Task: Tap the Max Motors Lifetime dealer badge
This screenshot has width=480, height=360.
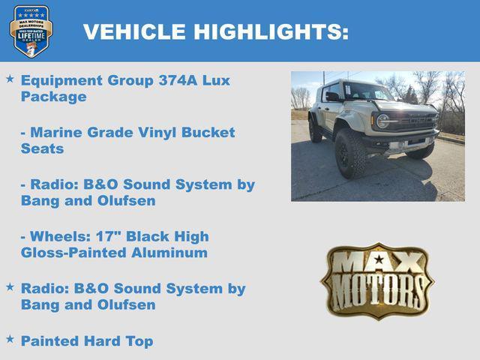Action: [x=31, y=31]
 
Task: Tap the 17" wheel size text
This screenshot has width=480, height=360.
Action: [x=111, y=236]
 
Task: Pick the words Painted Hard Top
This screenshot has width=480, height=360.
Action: [x=87, y=341]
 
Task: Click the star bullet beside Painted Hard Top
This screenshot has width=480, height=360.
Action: [x=10, y=339]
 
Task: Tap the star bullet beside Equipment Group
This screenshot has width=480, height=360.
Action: [x=10, y=78]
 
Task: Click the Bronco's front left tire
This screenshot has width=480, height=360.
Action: [x=350, y=154]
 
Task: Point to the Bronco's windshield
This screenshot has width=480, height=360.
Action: [x=367, y=92]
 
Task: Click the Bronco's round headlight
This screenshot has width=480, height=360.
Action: [x=382, y=121]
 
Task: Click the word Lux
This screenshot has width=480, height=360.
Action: [x=216, y=80]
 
